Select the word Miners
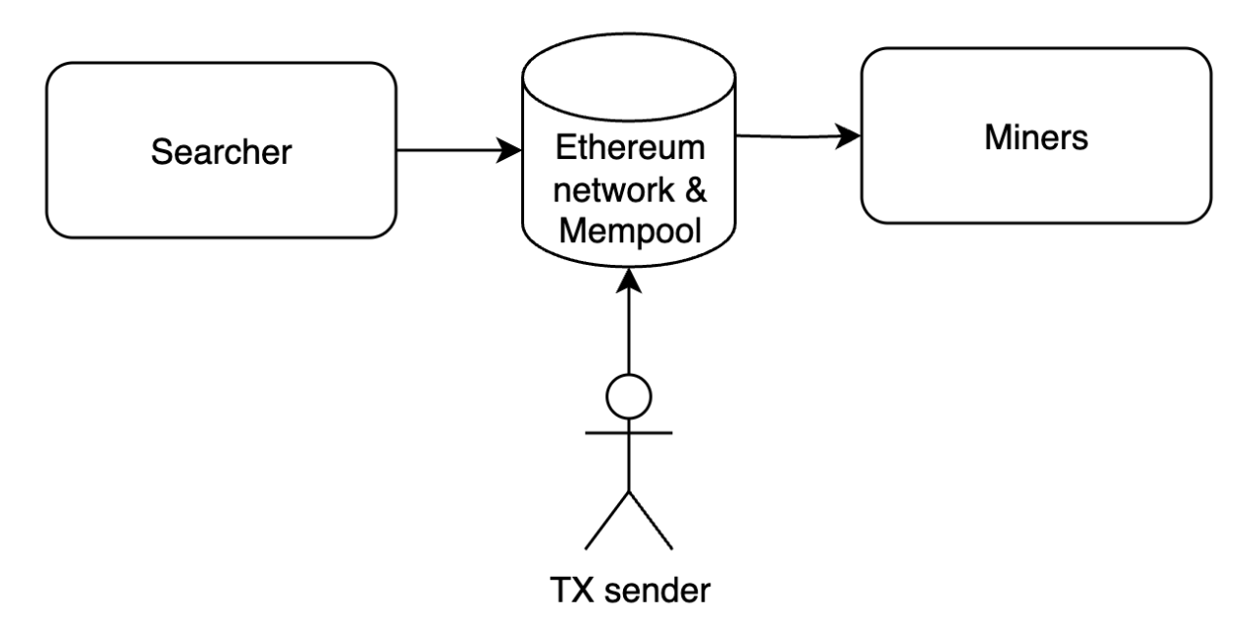tap(1036, 137)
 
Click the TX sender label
tap(629, 593)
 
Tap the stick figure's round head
tap(629, 397)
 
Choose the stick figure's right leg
tap(651, 520)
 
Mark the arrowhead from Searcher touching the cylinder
tap(510, 151)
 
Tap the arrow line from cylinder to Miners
tap(785, 137)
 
